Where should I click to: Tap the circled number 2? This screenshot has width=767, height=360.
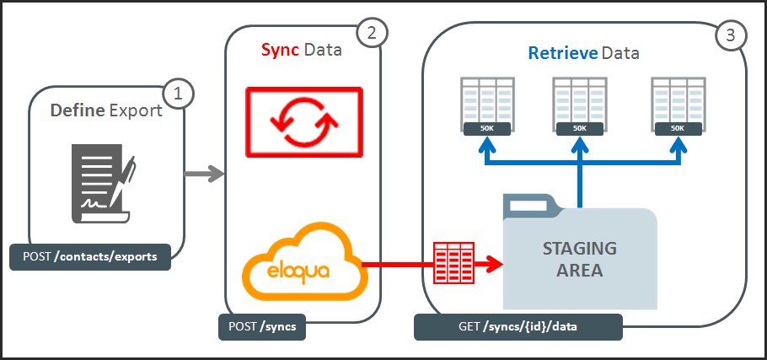pyautogui.click(x=370, y=33)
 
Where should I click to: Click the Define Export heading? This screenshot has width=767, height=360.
pyautogui.click(x=106, y=110)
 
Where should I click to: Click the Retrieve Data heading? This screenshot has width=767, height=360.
pyautogui.click(x=583, y=53)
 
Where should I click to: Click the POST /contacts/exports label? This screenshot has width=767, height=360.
pyautogui.click(x=90, y=256)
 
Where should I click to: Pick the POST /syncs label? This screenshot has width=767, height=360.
pyautogui.click(x=261, y=327)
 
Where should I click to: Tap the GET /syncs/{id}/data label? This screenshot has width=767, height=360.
pyautogui.click(x=518, y=327)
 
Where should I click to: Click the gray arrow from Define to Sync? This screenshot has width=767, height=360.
pyautogui.click(x=205, y=175)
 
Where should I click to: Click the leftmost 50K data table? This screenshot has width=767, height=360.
pyautogui.click(x=487, y=105)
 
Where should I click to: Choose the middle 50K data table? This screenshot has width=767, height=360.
pyautogui.click(x=579, y=105)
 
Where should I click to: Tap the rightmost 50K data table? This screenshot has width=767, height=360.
pyautogui.click(x=678, y=105)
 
